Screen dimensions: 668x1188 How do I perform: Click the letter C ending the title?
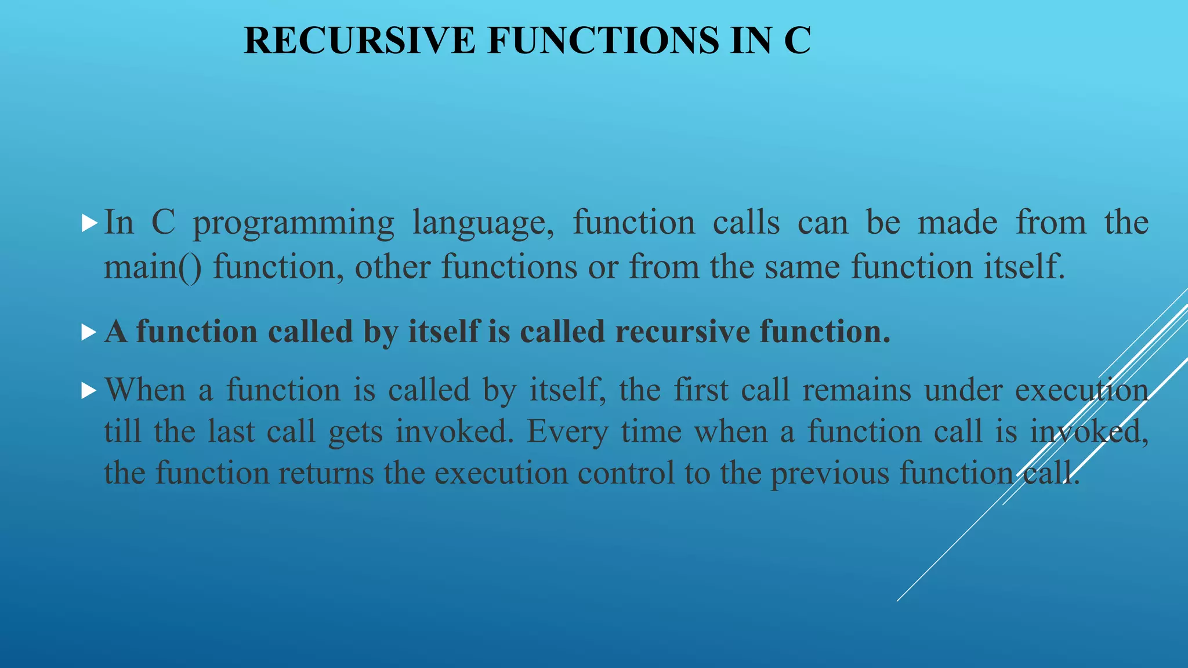tap(798, 41)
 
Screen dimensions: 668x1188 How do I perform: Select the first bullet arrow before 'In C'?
tap(89, 223)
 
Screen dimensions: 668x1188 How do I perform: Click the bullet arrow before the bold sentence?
tap(89, 332)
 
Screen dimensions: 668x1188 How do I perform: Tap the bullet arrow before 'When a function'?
tap(89, 390)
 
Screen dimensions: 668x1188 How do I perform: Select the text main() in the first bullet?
tap(153, 268)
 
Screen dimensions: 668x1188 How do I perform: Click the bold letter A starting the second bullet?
tap(116, 332)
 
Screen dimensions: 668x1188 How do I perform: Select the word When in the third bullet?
tap(145, 390)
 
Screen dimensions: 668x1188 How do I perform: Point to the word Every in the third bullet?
tap(567, 432)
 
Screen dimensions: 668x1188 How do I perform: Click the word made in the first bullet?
tap(957, 223)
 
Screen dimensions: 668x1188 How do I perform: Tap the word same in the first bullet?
tap(802, 268)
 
